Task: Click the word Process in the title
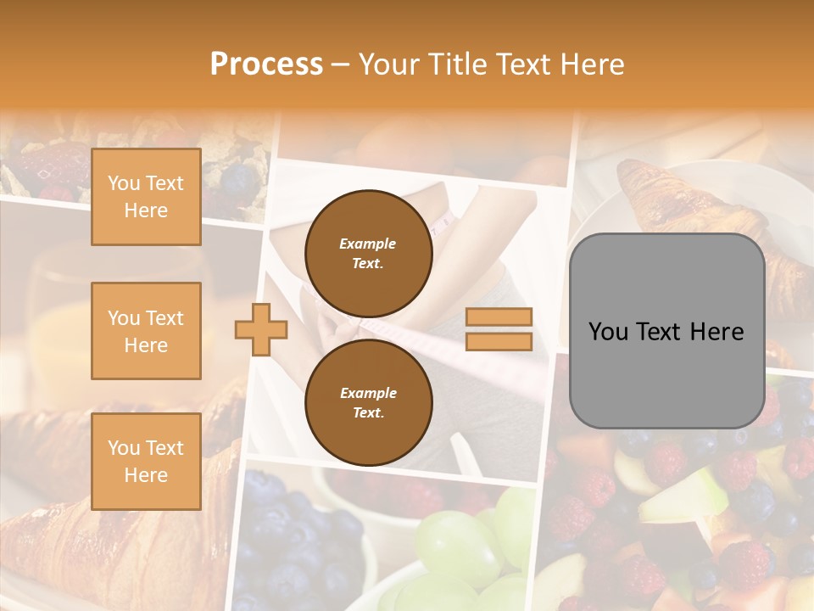[266, 64]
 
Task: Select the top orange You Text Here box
[146, 197]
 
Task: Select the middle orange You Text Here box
[146, 331]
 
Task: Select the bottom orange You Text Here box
[146, 461]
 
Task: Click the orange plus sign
[260, 329]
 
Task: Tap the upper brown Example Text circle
[368, 253]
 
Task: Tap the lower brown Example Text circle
[368, 402]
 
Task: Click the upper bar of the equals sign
[499, 317]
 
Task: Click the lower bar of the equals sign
[499, 342]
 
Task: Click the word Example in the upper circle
[368, 244]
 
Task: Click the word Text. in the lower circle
[368, 413]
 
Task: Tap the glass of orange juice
[51, 322]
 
